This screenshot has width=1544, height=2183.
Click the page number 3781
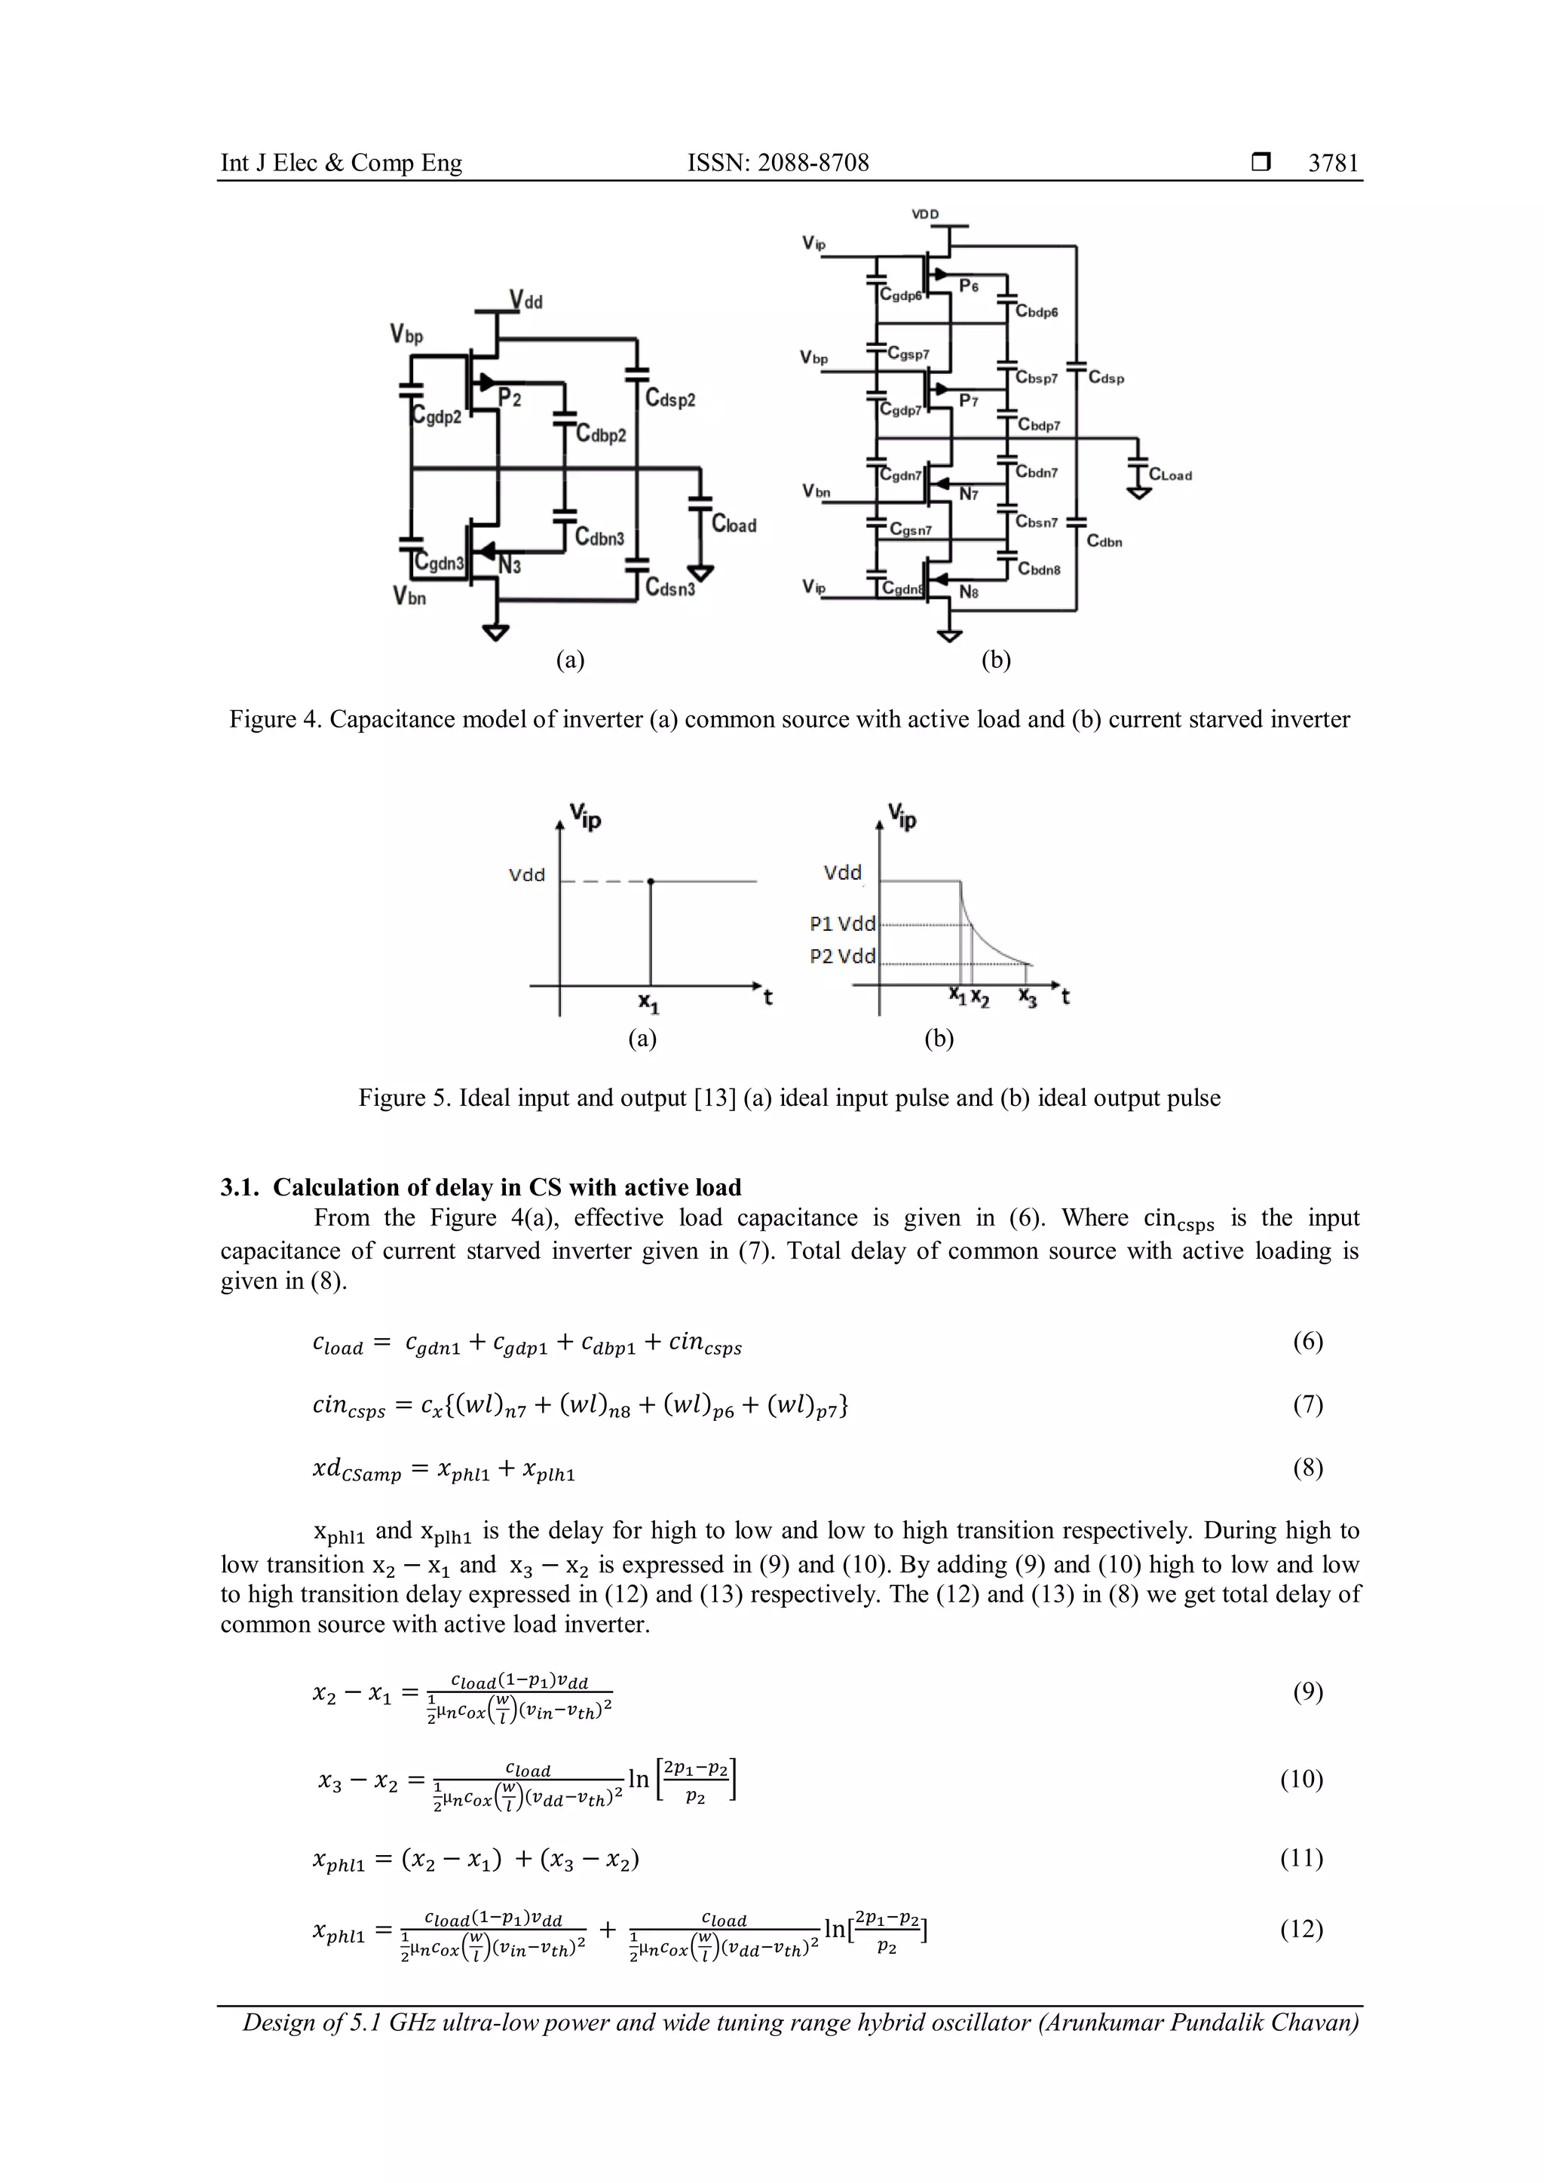(1333, 164)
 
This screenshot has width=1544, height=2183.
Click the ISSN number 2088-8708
(812, 164)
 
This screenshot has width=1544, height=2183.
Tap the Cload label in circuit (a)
(734, 525)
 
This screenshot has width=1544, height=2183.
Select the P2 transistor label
(510, 398)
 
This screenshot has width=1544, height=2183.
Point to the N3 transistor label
(510, 567)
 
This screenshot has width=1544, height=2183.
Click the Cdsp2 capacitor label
(670, 400)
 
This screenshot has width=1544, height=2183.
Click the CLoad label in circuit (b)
(1169, 476)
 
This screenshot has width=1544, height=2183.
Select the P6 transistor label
(969, 286)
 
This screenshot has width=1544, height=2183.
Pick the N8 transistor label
(969, 592)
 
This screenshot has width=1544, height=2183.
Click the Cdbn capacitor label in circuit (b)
(1104, 542)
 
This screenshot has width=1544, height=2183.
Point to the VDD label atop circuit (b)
(925, 215)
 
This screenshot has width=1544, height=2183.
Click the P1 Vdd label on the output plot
(842, 923)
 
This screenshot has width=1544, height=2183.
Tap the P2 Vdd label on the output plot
(842, 957)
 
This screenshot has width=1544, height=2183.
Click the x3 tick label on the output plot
(1028, 997)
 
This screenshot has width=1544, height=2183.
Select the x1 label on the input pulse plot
(648, 1003)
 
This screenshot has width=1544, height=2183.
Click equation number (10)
(1301, 1779)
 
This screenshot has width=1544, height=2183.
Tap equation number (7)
(1307, 1404)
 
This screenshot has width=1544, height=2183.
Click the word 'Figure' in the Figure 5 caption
(391, 1098)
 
